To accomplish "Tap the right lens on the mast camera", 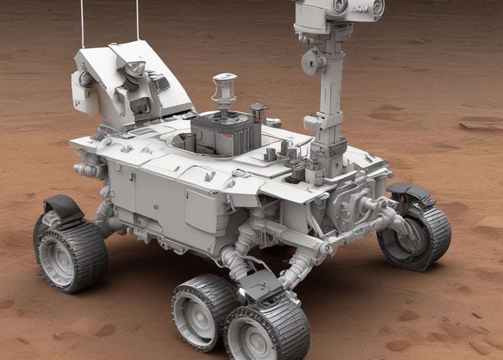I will (x=377, y=7).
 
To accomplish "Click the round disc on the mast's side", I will (x=310, y=62).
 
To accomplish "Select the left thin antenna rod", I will (x=82, y=24).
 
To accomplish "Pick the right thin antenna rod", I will (x=137, y=20).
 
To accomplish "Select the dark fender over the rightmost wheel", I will (x=409, y=193).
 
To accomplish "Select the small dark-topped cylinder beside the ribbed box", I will (x=259, y=113).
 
